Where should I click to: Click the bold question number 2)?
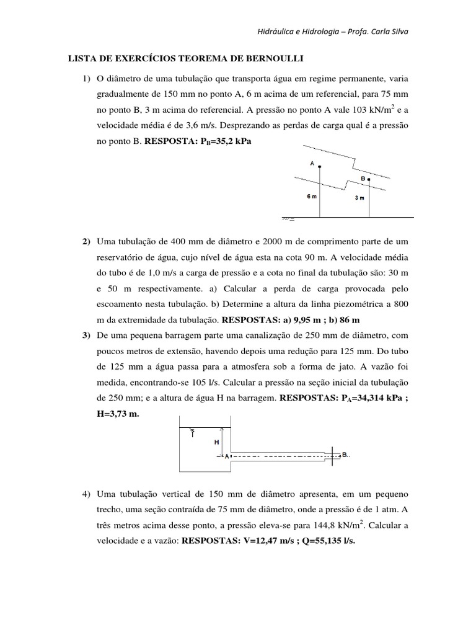coord(86,241)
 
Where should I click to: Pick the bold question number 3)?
coord(86,335)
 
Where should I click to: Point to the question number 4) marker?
coord(86,494)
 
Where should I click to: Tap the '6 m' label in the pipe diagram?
coord(312,197)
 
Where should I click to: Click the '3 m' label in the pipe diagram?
coord(359,198)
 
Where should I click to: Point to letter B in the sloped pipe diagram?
coord(363,178)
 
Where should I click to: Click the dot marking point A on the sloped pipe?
coord(320,166)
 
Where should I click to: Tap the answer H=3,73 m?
coord(118,415)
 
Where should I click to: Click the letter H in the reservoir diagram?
coord(216,442)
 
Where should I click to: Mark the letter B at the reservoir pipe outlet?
coord(344,455)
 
